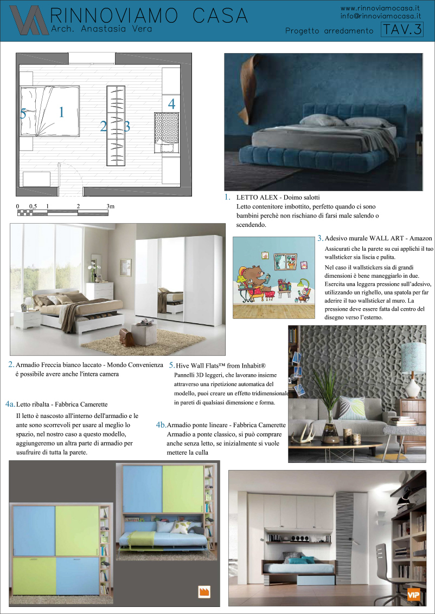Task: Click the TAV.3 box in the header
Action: point(402,30)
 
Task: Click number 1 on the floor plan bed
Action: point(61,112)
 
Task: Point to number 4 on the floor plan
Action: point(171,104)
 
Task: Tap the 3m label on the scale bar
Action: point(111,206)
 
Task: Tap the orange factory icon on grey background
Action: point(204,591)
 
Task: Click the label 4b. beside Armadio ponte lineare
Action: point(161,425)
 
